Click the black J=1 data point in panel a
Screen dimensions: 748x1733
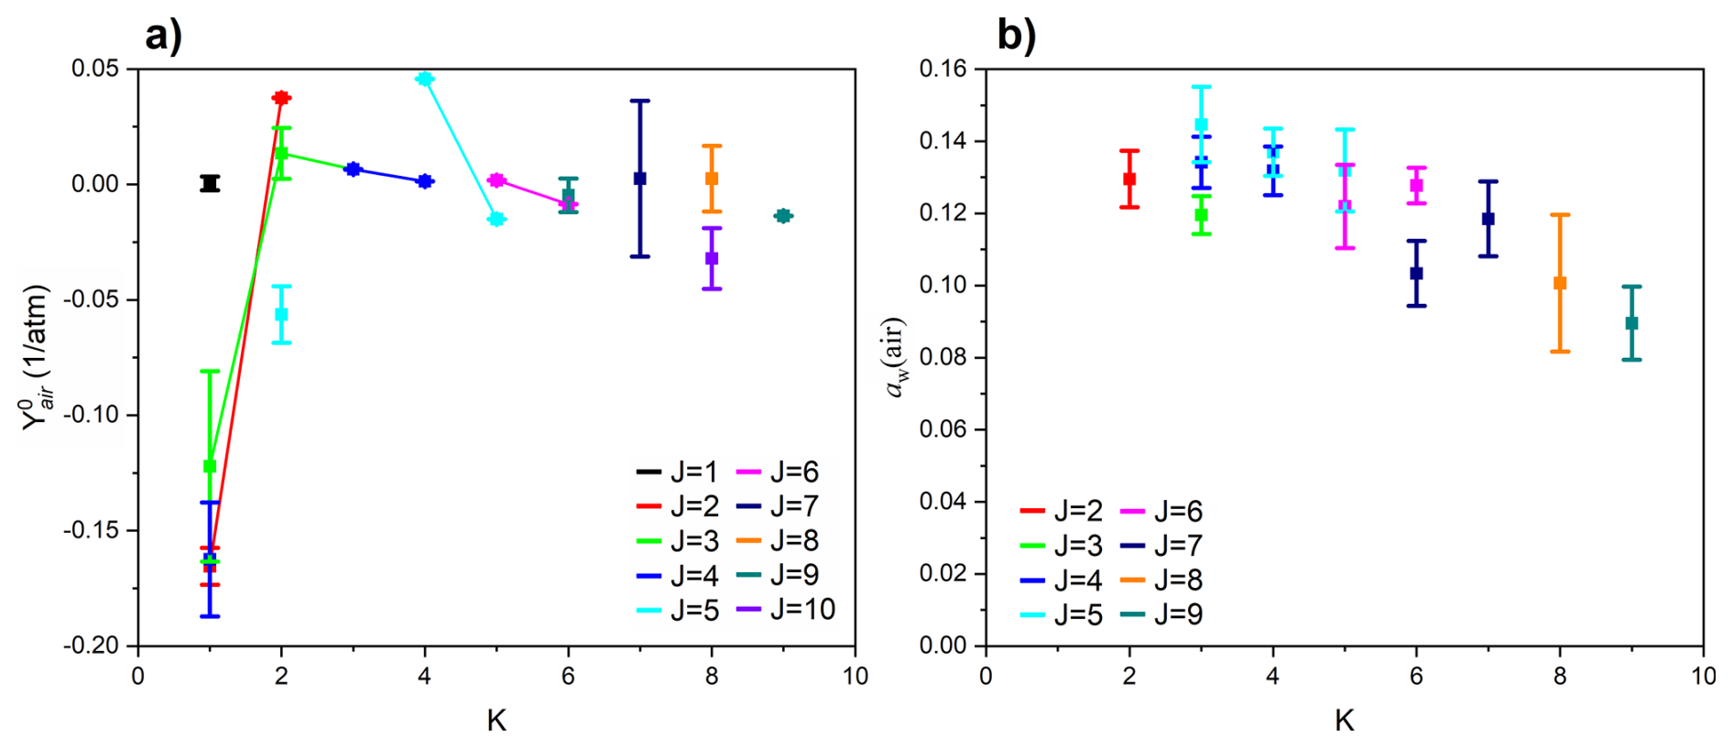coord(210,183)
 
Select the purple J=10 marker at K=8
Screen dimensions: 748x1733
coord(712,258)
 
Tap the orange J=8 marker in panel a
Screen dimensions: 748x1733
coord(712,179)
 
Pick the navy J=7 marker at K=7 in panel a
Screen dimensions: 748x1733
coord(640,179)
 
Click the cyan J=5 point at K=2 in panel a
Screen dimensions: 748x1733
coord(281,314)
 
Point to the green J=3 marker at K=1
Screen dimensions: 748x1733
coord(210,466)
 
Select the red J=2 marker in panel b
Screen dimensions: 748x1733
coord(1129,179)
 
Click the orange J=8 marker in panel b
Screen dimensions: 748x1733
coord(1560,283)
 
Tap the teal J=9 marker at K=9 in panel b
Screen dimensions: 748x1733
coord(1631,323)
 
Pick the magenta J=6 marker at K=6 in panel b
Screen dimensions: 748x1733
coord(1416,185)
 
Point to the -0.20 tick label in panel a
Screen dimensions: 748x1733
coord(92,645)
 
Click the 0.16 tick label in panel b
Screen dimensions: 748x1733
coord(943,69)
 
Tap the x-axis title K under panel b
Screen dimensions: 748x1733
coord(1344,721)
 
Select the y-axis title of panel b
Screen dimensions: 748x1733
coord(894,357)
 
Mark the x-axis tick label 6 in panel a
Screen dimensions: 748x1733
coord(568,677)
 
